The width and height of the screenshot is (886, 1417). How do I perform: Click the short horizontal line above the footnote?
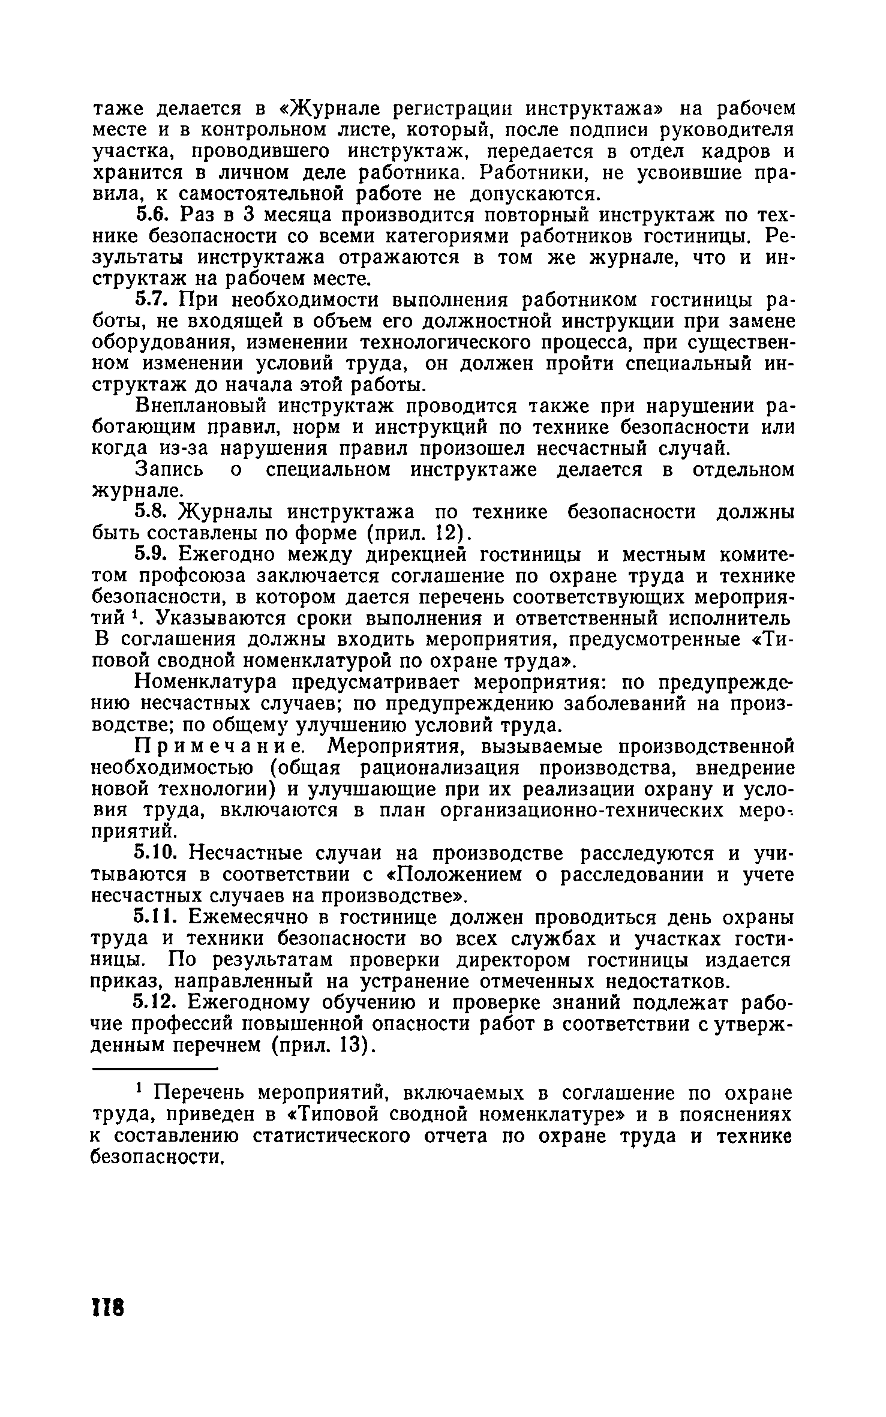click(154, 1068)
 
